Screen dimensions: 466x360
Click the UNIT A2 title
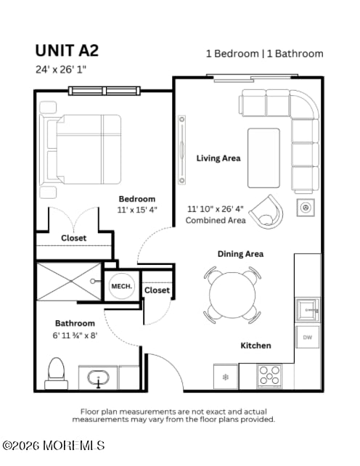coord(67,50)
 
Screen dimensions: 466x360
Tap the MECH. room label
coord(120,287)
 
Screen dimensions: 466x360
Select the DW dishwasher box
coord(307,337)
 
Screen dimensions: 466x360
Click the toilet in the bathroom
coord(56,372)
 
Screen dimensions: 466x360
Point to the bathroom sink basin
coord(99,378)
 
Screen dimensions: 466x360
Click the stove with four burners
coord(270,376)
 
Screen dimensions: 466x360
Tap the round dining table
coord(232,295)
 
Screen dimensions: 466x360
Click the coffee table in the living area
coord(263,158)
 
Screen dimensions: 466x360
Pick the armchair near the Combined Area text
coord(266,211)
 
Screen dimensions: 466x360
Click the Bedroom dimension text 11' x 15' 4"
coord(137,209)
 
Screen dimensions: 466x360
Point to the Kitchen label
coord(255,346)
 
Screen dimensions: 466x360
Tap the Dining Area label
coord(240,254)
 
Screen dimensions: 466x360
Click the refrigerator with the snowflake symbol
coord(225,377)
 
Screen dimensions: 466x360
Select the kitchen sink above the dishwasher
coord(307,310)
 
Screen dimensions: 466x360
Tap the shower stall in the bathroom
coord(70,282)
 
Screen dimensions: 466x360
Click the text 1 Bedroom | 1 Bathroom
coord(264,54)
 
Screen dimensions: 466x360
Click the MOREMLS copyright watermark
coord(54,445)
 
